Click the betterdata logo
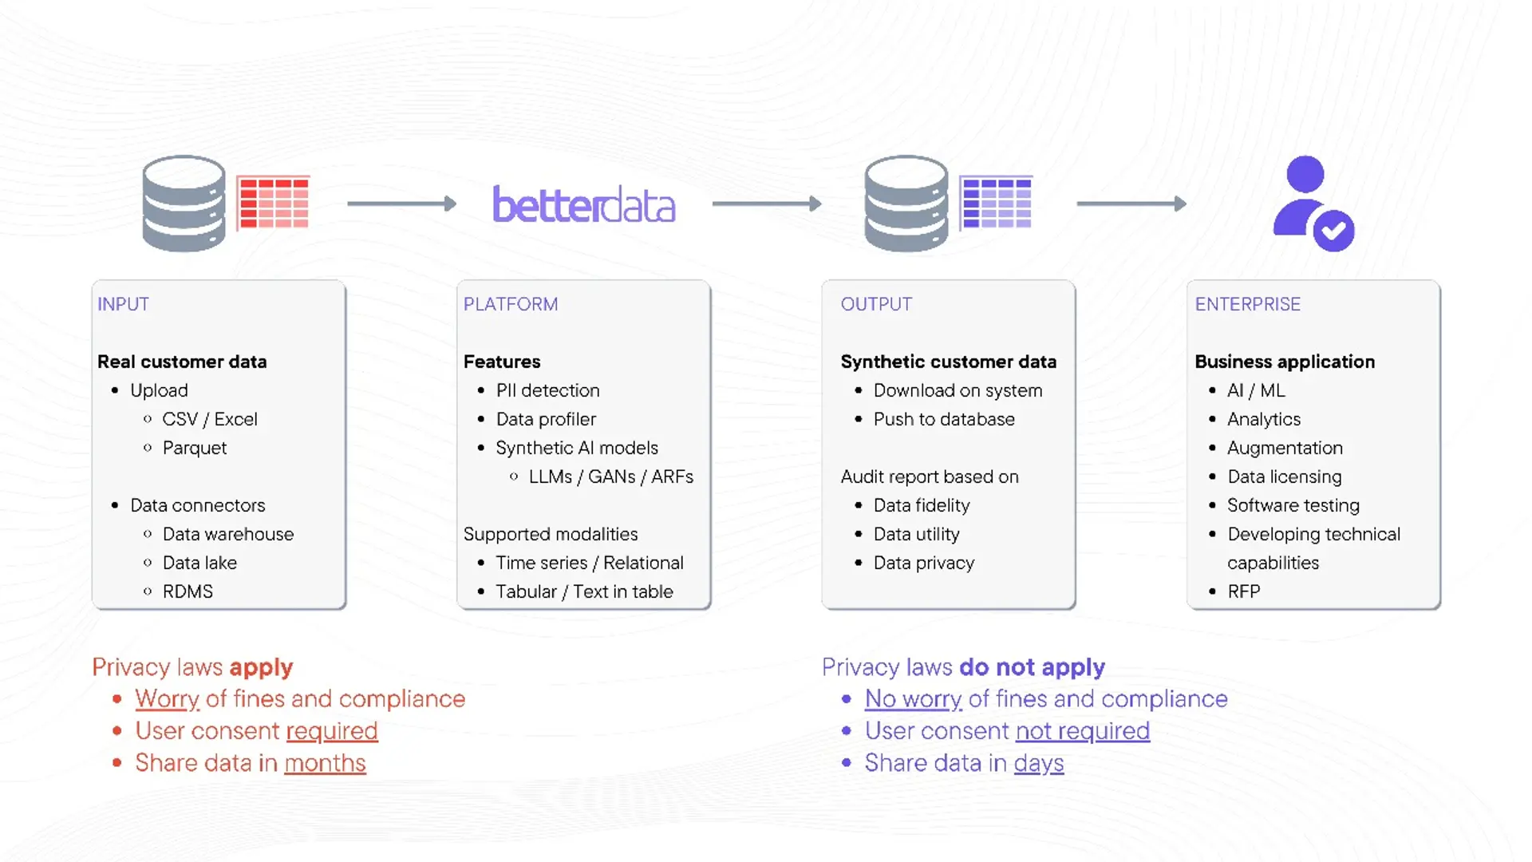pyautogui.click(x=583, y=205)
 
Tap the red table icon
pyautogui.click(x=273, y=203)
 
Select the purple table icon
pyautogui.click(x=996, y=203)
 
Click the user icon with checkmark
pyautogui.click(x=1313, y=204)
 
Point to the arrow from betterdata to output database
pyautogui.click(x=766, y=204)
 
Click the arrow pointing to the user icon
pyautogui.click(x=1131, y=204)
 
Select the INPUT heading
pyautogui.click(x=123, y=304)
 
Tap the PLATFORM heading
pyautogui.click(x=511, y=304)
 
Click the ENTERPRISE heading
pyautogui.click(x=1247, y=304)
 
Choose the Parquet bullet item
pyautogui.click(x=195, y=448)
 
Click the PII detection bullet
pyautogui.click(x=547, y=390)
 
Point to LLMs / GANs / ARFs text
pyautogui.click(x=610, y=476)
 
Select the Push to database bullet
pyautogui.click(x=943, y=419)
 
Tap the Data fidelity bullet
pyautogui.click(x=921, y=505)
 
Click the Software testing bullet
pyautogui.click(x=1293, y=505)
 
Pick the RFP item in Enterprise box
pyautogui.click(x=1243, y=591)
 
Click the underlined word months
pyautogui.click(x=325, y=763)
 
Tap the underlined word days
pyautogui.click(x=1038, y=763)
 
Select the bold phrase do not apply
pyautogui.click(x=1032, y=666)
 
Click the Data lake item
pyautogui.click(x=199, y=563)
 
